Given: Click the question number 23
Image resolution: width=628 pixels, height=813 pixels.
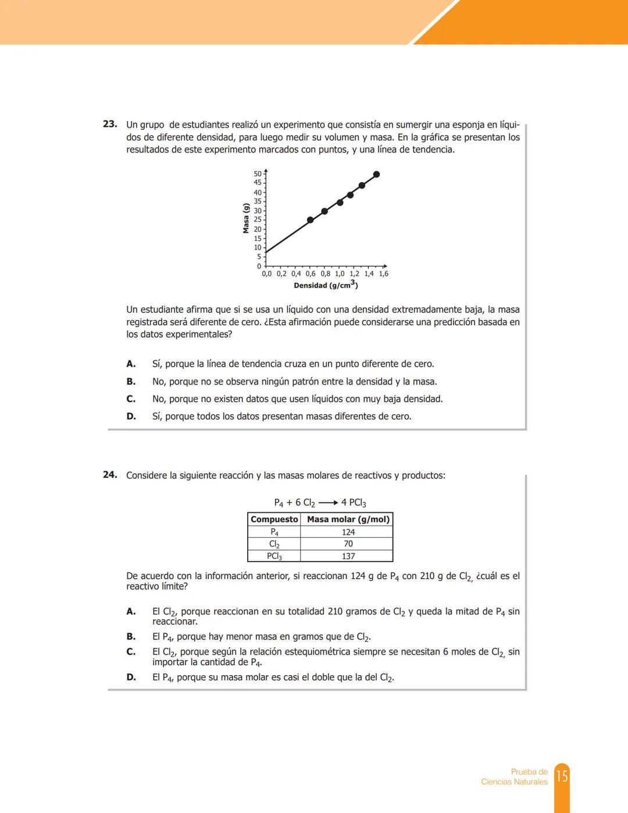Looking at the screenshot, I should pyautogui.click(x=110, y=124).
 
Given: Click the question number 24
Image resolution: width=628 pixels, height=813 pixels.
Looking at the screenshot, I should pyautogui.click(x=110, y=475).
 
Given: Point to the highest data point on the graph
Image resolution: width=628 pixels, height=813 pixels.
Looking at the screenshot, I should pyautogui.click(x=377, y=174).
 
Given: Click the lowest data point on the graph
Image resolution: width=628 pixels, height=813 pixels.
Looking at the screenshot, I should pyautogui.click(x=310, y=220).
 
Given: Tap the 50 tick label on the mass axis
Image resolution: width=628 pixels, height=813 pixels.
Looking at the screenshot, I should pyautogui.click(x=258, y=174).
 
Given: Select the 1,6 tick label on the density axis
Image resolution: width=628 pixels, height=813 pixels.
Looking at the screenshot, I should pyautogui.click(x=383, y=274).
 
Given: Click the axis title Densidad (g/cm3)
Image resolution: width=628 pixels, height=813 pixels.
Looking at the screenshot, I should pyautogui.click(x=326, y=285).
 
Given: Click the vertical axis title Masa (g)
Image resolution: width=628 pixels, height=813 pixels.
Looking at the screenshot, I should pyautogui.click(x=246, y=219).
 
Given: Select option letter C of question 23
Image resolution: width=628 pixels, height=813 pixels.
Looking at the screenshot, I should pyautogui.click(x=131, y=399).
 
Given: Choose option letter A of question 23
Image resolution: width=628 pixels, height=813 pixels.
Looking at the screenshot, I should pyautogui.click(x=131, y=364).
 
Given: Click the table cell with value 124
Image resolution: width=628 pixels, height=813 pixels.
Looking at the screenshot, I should pyautogui.click(x=348, y=532).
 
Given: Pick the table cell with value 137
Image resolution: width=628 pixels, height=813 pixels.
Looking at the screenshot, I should pyautogui.click(x=348, y=556).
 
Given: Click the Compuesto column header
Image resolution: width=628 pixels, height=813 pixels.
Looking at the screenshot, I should pyautogui.click(x=274, y=519).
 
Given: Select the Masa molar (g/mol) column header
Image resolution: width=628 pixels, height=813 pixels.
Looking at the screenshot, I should pyautogui.click(x=348, y=519).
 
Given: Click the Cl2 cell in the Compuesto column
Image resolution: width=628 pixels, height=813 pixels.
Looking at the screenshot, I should pyautogui.click(x=274, y=544).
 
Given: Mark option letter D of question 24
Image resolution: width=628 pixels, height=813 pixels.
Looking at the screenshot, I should pyautogui.click(x=131, y=677).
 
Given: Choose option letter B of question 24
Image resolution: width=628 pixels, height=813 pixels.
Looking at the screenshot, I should pyautogui.click(x=131, y=637).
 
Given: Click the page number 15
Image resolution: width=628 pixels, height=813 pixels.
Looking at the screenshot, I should pyautogui.click(x=562, y=776).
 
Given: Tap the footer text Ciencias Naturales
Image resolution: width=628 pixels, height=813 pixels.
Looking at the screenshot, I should pyautogui.click(x=514, y=782).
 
